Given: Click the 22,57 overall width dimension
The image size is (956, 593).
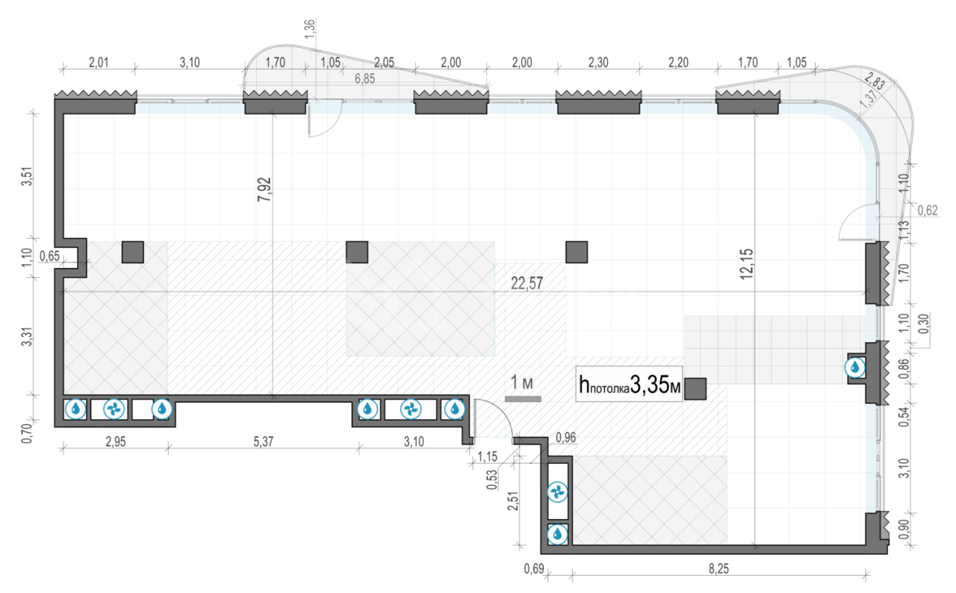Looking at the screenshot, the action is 527,283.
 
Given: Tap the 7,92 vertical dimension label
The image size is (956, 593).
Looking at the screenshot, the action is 264,190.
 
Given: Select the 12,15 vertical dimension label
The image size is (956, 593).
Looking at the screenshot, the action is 746,264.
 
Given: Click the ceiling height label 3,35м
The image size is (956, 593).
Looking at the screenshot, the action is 655,385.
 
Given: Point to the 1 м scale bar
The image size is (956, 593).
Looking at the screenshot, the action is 523,399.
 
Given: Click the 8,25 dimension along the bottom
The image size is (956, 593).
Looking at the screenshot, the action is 718,568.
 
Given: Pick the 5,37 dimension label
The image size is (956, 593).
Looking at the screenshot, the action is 264,441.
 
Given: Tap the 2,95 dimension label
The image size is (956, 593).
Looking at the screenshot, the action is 116,441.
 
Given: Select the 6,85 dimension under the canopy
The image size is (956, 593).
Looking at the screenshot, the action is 365,78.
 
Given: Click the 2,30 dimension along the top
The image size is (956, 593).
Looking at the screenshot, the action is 598,63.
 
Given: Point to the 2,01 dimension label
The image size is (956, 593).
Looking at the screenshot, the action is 99,63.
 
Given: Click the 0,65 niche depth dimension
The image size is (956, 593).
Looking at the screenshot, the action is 49,256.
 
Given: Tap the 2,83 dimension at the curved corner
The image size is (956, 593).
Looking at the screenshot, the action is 875,81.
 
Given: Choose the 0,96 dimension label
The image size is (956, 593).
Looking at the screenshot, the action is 565,438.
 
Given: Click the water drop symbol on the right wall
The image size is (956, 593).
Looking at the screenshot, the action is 855,367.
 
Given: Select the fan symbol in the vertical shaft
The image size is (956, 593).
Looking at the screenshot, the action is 557,493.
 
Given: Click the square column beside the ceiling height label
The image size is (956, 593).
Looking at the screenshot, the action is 695,388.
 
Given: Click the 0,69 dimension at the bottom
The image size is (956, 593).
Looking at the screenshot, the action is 534,568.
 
